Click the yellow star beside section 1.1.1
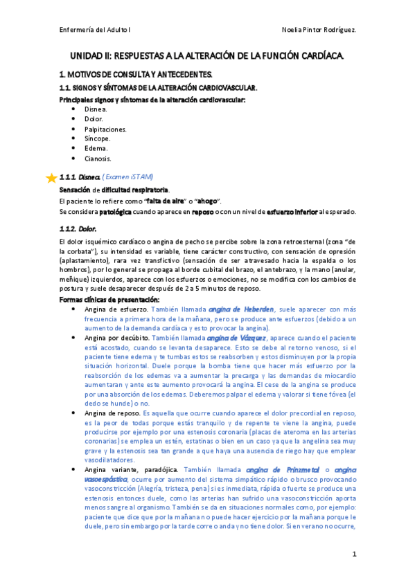(51, 177)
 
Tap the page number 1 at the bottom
(354, 554)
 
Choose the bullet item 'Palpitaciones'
(105, 129)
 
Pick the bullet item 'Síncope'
(97, 138)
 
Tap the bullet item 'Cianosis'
(98, 158)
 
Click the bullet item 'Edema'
(96, 148)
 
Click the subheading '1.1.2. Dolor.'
(78, 228)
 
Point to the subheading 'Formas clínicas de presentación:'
(109, 299)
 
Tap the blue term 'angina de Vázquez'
(236, 338)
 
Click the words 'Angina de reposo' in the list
(111, 412)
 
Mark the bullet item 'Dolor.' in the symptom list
(94, 119)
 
